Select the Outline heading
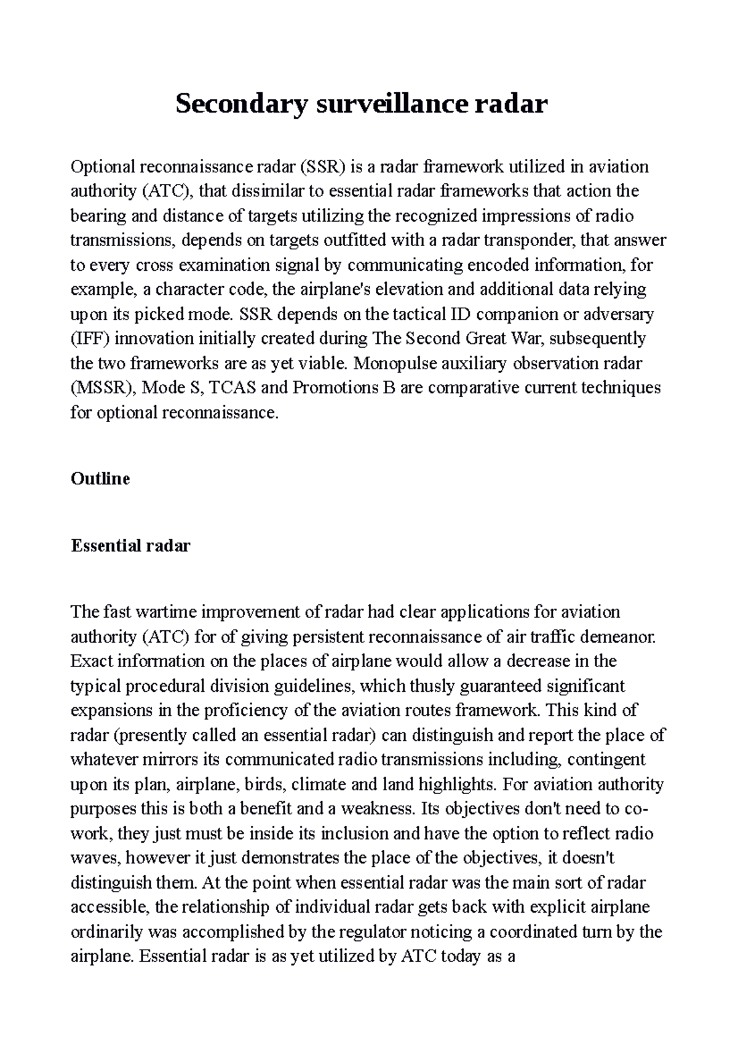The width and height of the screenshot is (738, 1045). coord(100,479)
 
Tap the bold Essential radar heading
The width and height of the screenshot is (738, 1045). coord(130,545)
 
